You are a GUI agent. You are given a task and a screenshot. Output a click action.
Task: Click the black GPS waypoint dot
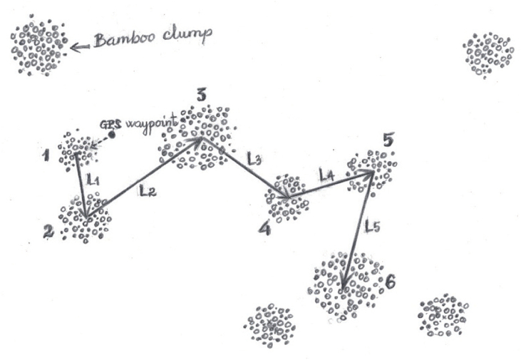(111, 135)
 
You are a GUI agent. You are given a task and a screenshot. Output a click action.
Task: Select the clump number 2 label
(48, 230)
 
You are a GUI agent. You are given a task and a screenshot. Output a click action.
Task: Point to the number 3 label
(202, 94)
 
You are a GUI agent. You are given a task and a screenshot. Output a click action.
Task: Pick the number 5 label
(387, 140)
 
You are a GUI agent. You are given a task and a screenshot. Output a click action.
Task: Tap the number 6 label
(389, 283)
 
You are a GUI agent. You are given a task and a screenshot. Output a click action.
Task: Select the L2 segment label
(148, 190)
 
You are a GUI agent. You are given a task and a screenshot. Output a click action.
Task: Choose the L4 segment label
(326, 173)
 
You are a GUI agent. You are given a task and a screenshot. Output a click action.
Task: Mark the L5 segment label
(372, 227)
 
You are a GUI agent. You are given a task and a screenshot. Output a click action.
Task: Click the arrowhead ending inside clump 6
(344, 286)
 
